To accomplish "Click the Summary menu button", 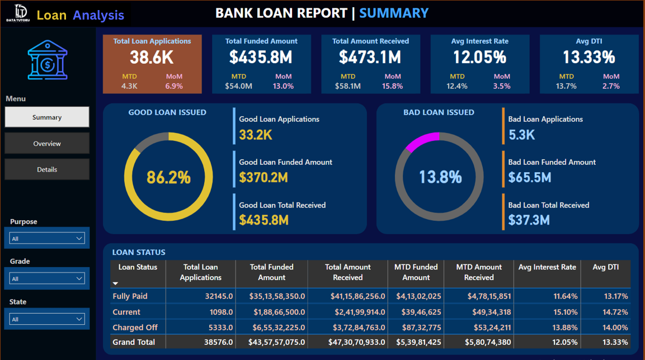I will [x=47, y=117].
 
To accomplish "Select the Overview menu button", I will [x=47, y=144].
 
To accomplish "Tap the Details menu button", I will [x=47, y=169].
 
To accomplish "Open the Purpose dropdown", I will [x=47, y=239].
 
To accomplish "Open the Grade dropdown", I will [x=47, y=278].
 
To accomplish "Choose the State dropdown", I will [x=47, y=319].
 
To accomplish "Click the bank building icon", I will [x=48, y=60].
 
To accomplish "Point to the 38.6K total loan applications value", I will [x=152, y=57].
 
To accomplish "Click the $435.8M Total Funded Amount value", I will [x=261, y=57].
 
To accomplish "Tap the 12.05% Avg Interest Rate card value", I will [x=479, y=57].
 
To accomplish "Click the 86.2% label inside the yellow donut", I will [x=168, y=177].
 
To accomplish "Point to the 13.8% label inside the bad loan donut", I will [x=440, y=177].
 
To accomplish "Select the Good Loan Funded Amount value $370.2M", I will [x=263, y=178].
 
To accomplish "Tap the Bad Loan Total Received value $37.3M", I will [x=529, y=220].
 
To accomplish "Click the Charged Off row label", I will [x=135, y=328].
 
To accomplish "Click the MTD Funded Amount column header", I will [x=416, y=272].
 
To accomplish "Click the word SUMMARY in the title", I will [x=394, y=13].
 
